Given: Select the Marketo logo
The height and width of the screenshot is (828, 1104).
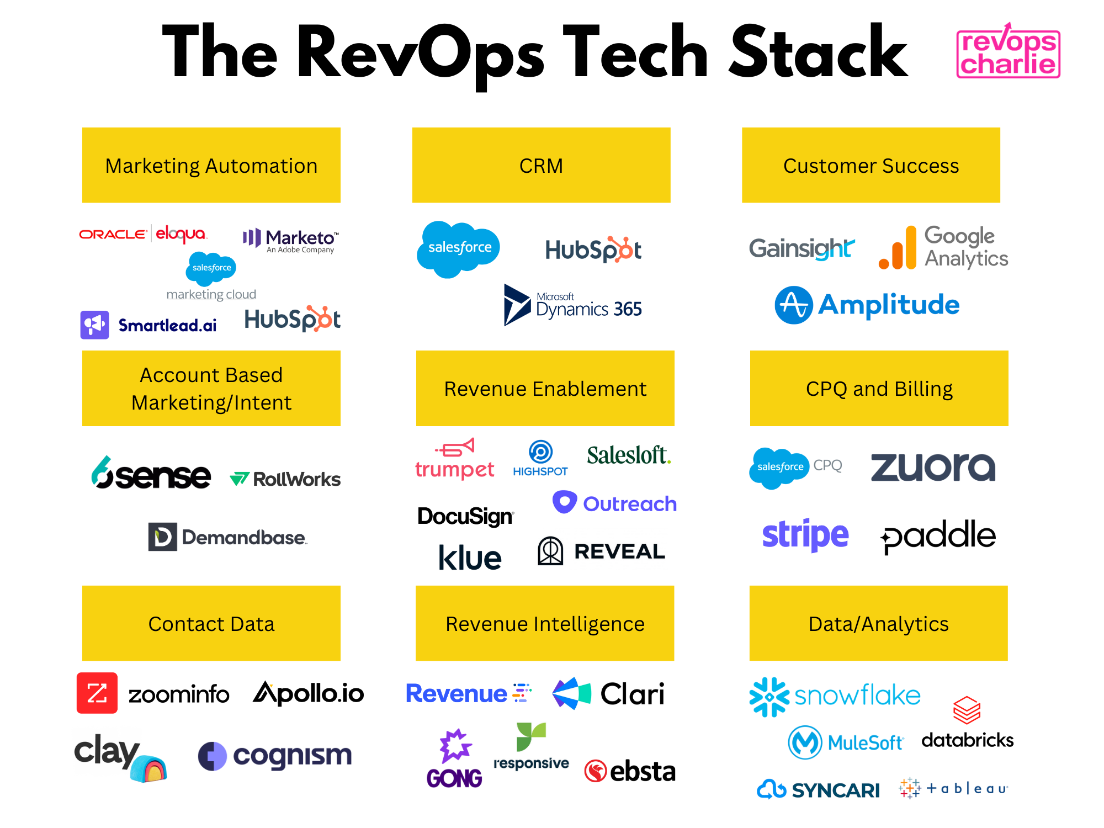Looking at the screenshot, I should coord(291,240).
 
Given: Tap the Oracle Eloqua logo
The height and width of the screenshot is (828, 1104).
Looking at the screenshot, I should coord(143,234).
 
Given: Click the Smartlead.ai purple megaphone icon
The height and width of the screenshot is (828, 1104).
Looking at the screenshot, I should coord(94,325).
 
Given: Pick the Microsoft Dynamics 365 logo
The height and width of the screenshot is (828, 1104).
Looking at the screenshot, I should coord(572,305).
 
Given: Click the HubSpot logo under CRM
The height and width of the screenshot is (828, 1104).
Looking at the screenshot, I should coord(593,250).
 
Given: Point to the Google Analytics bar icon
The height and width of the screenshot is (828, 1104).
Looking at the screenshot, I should coord(898,248).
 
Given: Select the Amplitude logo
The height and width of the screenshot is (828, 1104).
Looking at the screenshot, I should coord(867,305).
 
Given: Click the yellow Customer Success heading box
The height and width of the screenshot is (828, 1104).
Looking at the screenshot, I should coord(871,165).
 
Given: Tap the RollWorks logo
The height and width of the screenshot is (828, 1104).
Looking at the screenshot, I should coord(285,479).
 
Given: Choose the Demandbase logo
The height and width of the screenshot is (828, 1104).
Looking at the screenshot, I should coord(227,537).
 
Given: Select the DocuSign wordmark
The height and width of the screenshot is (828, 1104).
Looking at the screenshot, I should coord(465,516).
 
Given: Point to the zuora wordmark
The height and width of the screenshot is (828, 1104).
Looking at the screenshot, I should coord(933,467).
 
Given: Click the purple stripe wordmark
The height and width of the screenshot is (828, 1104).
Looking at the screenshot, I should coord(805,534).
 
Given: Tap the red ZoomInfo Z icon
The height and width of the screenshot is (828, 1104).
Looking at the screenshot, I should coord(97,693).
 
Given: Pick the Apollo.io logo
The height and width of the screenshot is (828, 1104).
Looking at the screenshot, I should coord(308,693).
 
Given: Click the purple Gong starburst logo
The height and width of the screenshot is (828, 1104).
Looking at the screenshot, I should coord(455,746).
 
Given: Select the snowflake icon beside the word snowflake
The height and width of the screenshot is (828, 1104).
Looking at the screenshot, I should coord(769,697).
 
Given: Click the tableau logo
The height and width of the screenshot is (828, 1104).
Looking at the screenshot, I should coord(953,788).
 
